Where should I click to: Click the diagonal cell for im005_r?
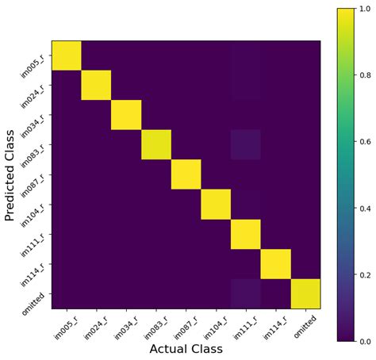(x=67, y=55)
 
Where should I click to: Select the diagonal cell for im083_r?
(x=156, y=144)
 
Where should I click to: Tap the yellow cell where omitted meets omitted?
(x=305, y=293)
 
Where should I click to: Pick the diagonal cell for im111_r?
(x=246, y=234)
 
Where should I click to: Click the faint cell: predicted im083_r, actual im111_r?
(x=246, y=144)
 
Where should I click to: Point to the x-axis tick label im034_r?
(x=121, y=326)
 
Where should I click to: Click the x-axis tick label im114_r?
(x=270, y=326)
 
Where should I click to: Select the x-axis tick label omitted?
(x=301, y=324)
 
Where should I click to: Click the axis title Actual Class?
(x=186, y=349)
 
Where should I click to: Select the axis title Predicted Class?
(x=11, y=174)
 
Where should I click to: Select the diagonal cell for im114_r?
(x=275, y=263)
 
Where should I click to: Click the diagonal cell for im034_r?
(x=126, y=114)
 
